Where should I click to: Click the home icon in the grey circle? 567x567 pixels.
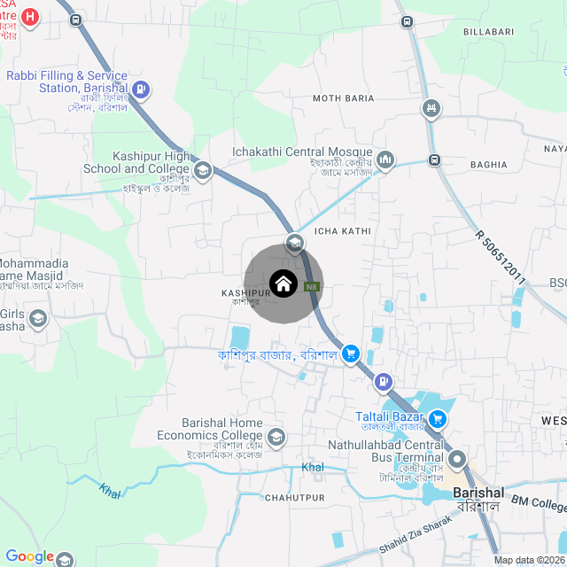[283, 283]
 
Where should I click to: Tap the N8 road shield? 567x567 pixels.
[312, 286]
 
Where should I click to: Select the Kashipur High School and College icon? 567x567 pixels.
[203, 170]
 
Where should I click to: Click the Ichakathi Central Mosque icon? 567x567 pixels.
[385, 159]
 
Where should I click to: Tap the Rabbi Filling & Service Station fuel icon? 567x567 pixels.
[141, 89]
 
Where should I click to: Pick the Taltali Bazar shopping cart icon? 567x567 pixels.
[438, 418]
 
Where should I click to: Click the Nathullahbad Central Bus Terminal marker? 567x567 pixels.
[458, 459]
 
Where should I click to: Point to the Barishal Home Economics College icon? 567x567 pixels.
[277, 437]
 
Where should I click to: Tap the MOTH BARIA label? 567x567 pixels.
[338, 97]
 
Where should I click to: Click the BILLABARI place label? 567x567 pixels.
[488, 31]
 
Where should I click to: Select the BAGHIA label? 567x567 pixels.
[489, 164]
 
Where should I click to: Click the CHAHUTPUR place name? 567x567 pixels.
[290, 498]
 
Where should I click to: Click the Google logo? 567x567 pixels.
[30, 556]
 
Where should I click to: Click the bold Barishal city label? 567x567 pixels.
[478, 493]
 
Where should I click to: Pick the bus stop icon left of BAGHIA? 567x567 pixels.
[434, 160]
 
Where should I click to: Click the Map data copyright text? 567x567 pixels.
[529, 560]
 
